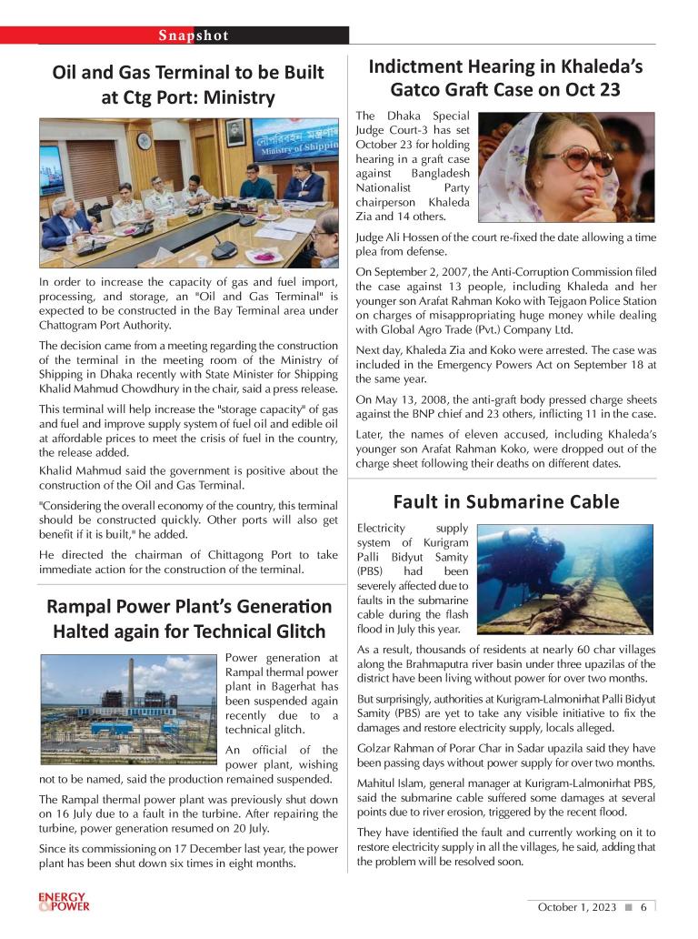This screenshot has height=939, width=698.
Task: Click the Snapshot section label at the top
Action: [194, 35]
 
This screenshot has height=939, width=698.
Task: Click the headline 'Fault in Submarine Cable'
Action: [506, 501]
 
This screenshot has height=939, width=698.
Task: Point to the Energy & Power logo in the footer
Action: [65, 902]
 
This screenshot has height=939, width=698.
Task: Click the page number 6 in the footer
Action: [643, 906]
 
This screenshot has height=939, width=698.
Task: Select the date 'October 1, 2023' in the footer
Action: [577, 906]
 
